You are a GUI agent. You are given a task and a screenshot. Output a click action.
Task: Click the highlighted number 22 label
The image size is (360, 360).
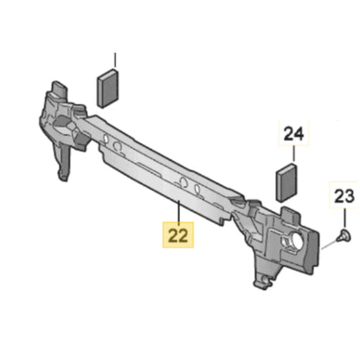pyautogui.click(x=178, y=235)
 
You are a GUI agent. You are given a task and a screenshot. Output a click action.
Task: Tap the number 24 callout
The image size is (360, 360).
pyautogui.click(x=293, y=134)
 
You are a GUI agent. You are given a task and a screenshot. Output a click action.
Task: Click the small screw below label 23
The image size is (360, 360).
pyautogui.click(x=344, y=236)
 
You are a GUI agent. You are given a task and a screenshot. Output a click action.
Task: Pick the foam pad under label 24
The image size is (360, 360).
pyautogui.click(x=286, y=182)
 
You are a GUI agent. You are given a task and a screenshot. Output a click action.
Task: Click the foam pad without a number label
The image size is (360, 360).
pyautogui.click(x=108, y=88)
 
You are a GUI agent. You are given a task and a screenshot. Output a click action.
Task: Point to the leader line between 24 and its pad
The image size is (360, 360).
pyautogui.click(x=294, y=155)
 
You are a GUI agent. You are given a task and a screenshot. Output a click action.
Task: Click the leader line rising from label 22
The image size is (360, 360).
pyautogui.click(x=179, y=211)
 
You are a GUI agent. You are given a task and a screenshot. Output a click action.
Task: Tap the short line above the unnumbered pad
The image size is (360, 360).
pyautogui.click(x=115, y=61)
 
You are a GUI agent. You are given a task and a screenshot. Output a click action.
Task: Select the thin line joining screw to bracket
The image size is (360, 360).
pyautogui.click(x=329, y=244)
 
